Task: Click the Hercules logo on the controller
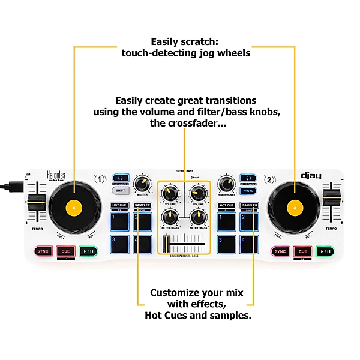coord(56,176)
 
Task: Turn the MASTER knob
coord(142,183)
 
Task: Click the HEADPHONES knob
coord(227,183)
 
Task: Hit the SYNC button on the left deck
coord(43,251)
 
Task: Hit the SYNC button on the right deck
coord(280,251)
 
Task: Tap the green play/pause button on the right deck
coord(325,251)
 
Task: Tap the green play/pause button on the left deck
coord(88,251)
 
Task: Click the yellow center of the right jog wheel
coord(294,208)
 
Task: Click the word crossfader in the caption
coord(202,124)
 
